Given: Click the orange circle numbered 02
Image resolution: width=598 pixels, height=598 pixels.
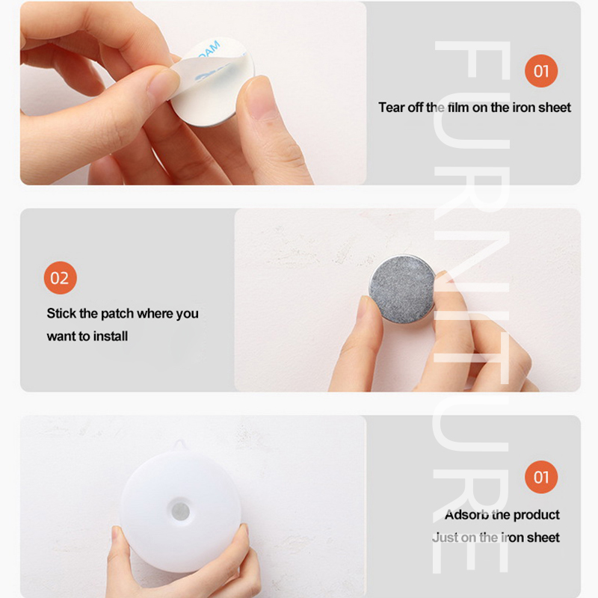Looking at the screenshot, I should [x=60, y=278].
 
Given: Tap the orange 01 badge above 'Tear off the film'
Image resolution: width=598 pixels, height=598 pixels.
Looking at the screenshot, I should [x=541, y=71].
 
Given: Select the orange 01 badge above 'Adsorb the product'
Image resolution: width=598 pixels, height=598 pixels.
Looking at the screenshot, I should [x=541, y=477].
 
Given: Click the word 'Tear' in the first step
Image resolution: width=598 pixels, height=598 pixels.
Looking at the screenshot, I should [x=391, y=108].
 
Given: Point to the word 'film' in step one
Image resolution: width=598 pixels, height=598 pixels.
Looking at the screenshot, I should [x=458, y=108].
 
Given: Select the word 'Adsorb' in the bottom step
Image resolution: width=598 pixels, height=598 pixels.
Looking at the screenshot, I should [x=466, y=515].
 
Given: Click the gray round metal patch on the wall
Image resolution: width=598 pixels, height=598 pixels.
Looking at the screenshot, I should [x=401, y=288].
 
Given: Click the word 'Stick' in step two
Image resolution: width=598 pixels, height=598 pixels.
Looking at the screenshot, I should [x=61, y=314].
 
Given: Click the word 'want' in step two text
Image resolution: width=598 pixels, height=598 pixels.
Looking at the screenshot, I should [x=61, y=336].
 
